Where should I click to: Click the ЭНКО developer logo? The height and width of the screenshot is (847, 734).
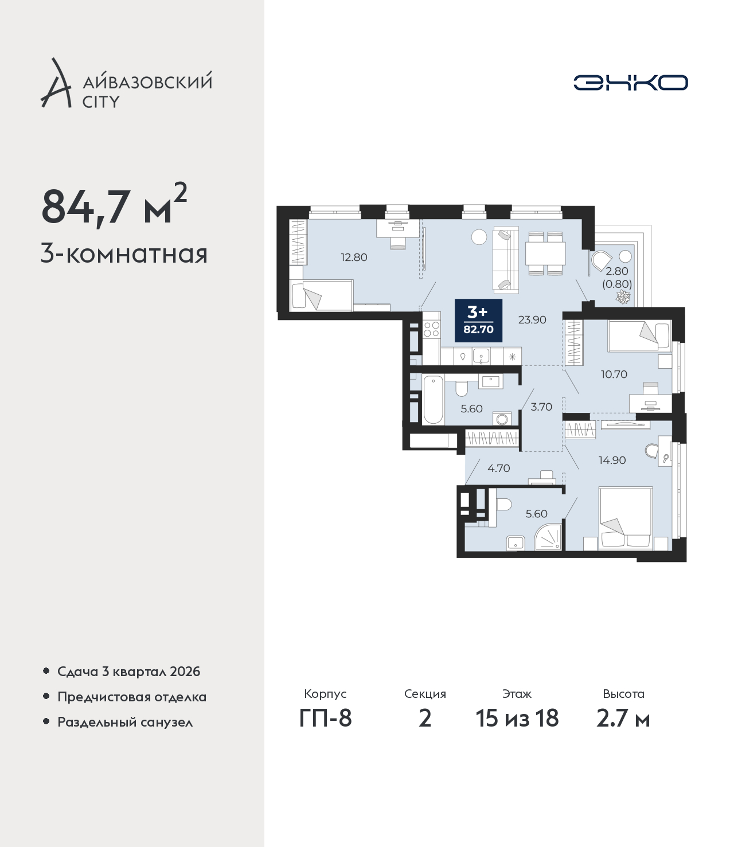[x=630, y=83]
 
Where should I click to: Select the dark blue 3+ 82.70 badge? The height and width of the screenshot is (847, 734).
[x=478, y=321]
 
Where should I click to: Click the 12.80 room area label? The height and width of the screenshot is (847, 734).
[x=354, y=257]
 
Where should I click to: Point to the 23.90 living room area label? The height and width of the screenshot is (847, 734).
[x=532, y=319]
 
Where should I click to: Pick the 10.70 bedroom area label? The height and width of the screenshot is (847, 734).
[x=614, y=374]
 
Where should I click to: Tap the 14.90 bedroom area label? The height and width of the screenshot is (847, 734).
[x=612, y=460]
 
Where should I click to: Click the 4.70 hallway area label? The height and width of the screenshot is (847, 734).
[x=499, y=468]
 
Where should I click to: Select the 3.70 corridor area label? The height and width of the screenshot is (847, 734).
[x=541, y=407]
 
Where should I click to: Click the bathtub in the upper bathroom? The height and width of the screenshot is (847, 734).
[x=433, y=400]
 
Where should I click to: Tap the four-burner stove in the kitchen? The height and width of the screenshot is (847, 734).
[x=431, y=329]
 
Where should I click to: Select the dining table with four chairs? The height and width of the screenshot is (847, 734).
[x=545, y=253]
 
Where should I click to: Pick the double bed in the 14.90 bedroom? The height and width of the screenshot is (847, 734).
[x=626, y=518]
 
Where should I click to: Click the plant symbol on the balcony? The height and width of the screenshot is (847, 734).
[x=624, y=296]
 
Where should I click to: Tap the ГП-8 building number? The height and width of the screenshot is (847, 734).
[x=325, y=719]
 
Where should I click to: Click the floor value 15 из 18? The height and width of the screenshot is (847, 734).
[x=517, y=719]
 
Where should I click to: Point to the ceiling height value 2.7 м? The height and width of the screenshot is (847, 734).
[x=623, y=719]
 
